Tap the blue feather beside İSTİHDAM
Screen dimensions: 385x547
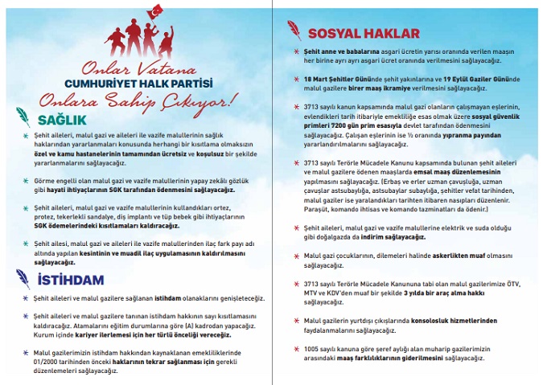[x=23, y=279]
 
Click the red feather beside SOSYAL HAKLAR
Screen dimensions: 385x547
[x=298, y=33]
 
